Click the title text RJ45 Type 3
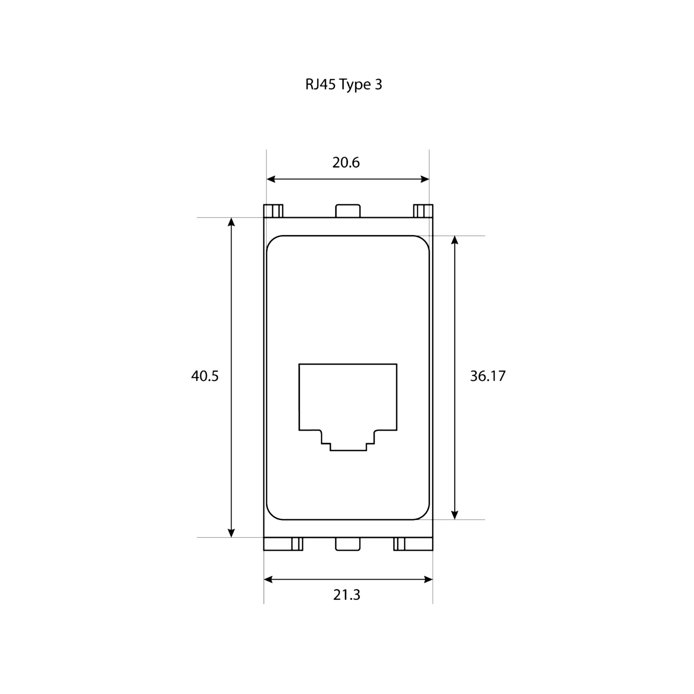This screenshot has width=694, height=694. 344,85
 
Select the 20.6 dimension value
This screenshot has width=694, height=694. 346,163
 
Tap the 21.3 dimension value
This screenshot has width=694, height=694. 347,595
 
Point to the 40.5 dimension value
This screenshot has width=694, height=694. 205,376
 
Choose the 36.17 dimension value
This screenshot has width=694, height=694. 488,376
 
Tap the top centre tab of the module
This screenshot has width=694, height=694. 348,211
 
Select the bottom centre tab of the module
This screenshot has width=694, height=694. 348,544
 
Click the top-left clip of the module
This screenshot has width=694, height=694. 273,211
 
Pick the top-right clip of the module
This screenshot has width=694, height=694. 423,211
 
